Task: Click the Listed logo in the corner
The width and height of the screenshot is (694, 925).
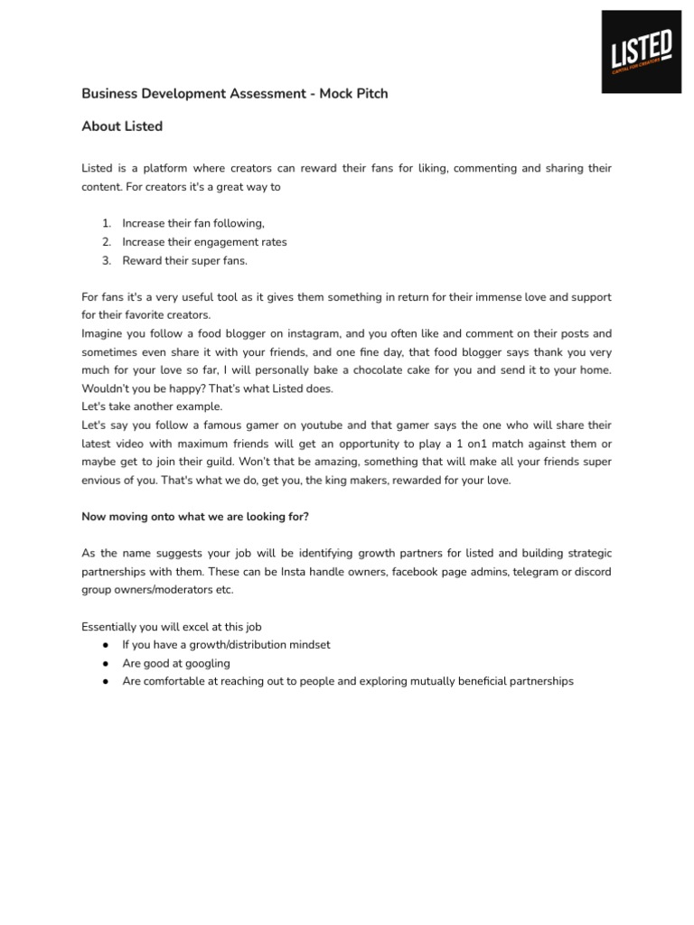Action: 641,51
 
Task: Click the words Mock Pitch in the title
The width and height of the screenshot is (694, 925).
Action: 353,94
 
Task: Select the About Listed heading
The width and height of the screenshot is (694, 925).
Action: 122,126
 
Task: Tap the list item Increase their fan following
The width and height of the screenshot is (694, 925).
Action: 193,224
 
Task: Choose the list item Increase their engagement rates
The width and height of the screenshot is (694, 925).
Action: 204,242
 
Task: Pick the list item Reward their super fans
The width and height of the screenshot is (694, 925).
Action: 184,261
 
